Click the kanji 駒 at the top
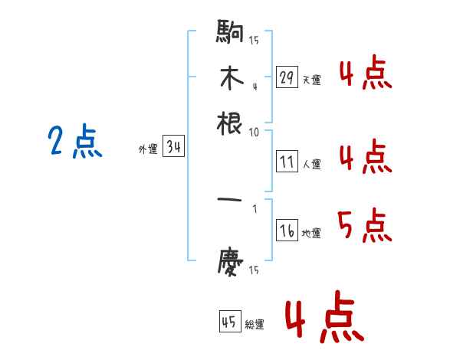tap(230, 32)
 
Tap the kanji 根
tap(231, 123)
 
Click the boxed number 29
tap(287, 77)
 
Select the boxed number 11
tap(287, 162)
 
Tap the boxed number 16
tap(287, 231)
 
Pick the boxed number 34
tap(173, 149)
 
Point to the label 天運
tap(311, 80)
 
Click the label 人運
tap(311, 164)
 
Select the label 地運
tap(311, 234)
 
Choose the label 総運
tap(255, 324)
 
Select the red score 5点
tap(365, 224)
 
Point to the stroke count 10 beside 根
tap(254, 132)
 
